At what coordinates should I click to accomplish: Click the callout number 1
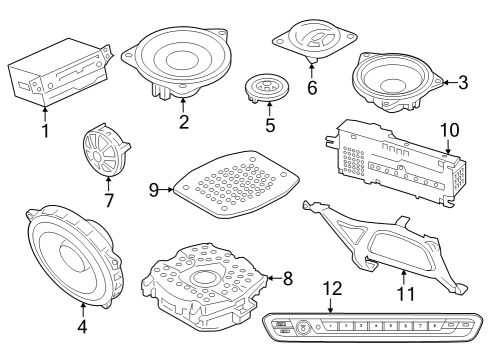(x=45, y=130)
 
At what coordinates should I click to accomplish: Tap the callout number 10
(x=450, y=130)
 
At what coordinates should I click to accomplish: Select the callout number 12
(x=333, y=289)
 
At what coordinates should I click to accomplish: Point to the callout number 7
(x=109, y=200)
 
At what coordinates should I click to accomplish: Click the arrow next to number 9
(x=167, y=190)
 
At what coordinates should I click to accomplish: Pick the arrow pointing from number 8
(x=275, y=278)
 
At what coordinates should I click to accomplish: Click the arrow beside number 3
(x=449, y=83)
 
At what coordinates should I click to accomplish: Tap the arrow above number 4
(x=83, y=309)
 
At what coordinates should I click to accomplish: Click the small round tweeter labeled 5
(x=266, y=88)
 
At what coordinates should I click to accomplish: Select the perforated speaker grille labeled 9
(x=237, y=184)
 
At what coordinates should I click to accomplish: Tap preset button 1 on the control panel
(x=331, y=326)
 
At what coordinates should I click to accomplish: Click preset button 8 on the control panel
(x=435, y=326)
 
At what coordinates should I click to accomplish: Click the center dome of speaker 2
(x=182, y=60)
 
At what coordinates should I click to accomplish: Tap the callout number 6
(x=312, y=88)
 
